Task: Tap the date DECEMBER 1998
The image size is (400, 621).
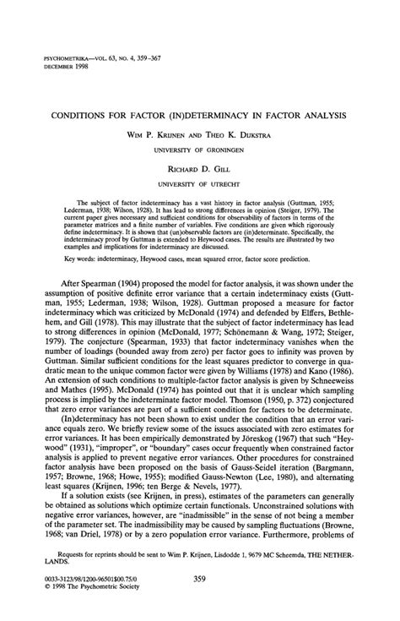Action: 62,67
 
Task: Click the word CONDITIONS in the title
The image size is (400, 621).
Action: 84,113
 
